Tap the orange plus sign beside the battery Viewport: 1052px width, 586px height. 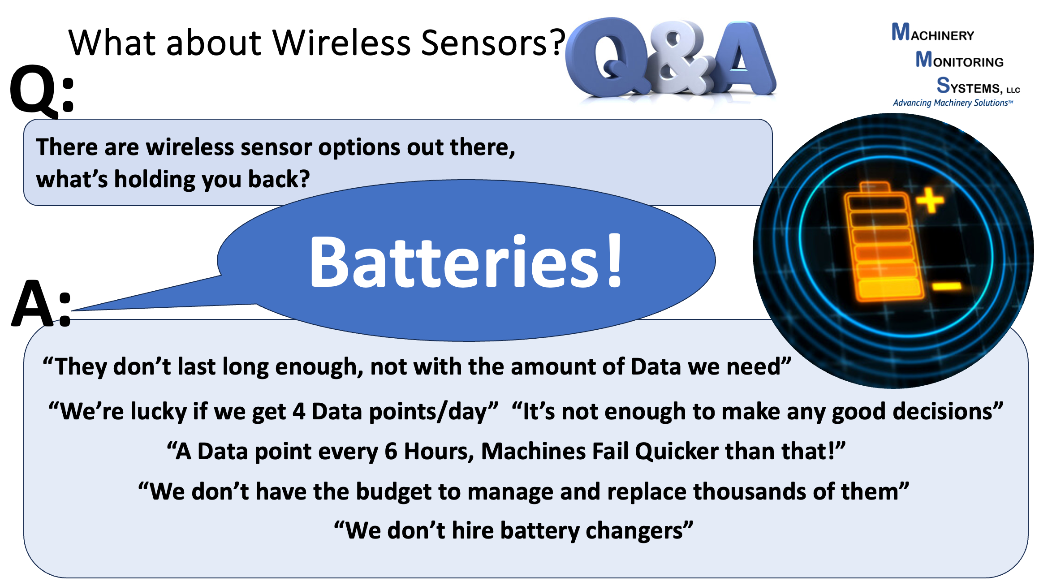coord(930,200)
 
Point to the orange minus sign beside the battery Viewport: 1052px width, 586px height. coord(947,285)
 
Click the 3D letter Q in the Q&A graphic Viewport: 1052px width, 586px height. coord(607,58)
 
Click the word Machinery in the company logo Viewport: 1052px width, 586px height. coord(933,32)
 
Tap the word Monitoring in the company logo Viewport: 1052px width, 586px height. coord(959,59)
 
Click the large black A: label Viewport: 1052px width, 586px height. coord(41,304)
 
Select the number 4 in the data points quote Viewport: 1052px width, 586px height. coord(299,411)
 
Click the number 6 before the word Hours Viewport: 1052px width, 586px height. coord(391,451)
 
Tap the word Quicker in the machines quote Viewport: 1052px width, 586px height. coord(677,451)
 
